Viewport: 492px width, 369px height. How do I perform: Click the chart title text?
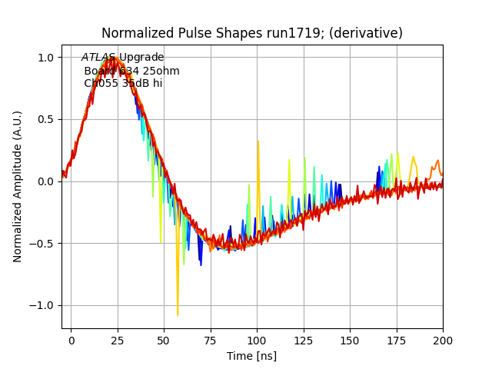click(252, 34)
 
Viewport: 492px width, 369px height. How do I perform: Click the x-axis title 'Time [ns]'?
click(251, 356)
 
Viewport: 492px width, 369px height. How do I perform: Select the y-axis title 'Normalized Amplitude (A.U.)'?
click(18, 187)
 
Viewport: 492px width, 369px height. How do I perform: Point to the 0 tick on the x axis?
click(71, 340)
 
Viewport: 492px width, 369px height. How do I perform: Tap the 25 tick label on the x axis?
click(118, 340)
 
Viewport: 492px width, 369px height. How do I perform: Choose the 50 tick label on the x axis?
click(165, 340)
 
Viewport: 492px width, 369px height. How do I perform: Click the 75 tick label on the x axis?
click(211, 340)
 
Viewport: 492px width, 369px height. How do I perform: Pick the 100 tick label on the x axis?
click(257, 340)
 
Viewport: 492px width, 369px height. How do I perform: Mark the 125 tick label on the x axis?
click(304, 340)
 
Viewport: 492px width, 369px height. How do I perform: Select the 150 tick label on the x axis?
click(350, 340)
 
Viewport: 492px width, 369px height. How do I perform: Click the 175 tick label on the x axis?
click(397, 340)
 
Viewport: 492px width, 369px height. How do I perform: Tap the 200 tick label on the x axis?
click(443, 340)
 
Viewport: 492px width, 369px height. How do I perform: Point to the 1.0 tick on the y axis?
click(46, 58)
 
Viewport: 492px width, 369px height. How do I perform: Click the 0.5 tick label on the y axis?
click(46, 119)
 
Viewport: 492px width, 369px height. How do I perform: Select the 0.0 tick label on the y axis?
click(46, 181)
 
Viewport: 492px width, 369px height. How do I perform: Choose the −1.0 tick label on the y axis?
click(43, 305)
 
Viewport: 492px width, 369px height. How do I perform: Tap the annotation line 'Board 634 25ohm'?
click(131, 71)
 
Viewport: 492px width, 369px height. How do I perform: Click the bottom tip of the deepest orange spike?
click(178, 315)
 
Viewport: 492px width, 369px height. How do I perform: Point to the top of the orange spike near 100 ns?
click(258, 141)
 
